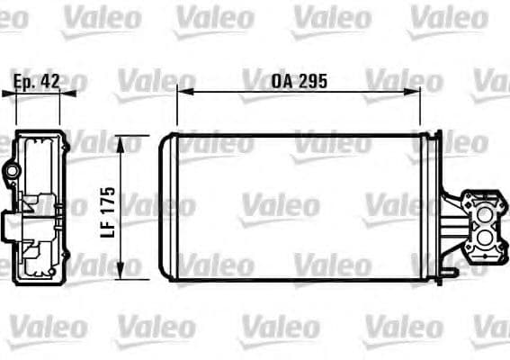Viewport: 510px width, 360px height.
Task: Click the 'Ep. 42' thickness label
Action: click(37, 82)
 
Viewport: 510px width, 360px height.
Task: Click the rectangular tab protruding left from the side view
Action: click(6, 225)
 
